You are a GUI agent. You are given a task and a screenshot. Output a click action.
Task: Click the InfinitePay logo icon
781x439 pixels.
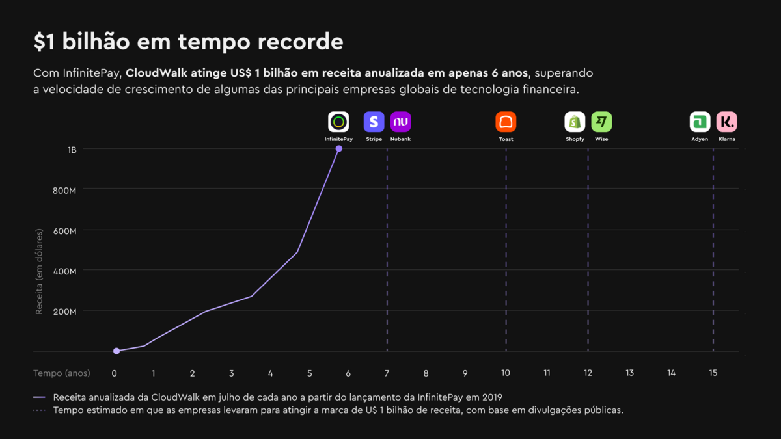[338, 122]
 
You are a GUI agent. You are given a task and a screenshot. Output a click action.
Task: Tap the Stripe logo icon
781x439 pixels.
[374, 122]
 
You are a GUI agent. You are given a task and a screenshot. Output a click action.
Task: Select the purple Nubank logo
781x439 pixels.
[401, 122]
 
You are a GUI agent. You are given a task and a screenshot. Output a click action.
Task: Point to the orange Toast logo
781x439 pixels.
[506, 122]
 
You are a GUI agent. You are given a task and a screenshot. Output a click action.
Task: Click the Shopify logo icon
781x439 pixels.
[575, 122]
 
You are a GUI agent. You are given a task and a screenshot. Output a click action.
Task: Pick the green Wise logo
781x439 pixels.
[601, 122]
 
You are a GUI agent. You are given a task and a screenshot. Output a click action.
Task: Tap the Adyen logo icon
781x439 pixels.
[700, 122]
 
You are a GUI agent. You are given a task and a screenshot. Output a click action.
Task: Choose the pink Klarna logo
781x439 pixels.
[727, 122]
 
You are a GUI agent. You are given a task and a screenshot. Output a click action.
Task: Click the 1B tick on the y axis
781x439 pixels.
[72, 150]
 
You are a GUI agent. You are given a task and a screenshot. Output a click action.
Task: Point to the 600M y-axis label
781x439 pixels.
[64, 230]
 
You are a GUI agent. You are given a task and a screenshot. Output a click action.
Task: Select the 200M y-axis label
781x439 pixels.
[64, 311]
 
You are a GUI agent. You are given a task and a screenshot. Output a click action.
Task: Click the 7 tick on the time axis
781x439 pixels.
[387, 373]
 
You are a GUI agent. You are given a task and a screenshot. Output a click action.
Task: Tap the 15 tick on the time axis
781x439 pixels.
[713, 373]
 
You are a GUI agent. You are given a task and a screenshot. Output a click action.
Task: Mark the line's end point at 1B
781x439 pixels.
[339, 149]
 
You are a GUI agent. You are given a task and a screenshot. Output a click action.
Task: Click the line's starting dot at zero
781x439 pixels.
[116, 351]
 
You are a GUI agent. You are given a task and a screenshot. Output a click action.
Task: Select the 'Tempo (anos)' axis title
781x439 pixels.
[62, 373]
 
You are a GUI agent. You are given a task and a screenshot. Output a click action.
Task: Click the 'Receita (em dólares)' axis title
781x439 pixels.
[39, 272]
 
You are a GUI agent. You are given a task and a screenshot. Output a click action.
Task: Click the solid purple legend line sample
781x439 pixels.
[40, 397]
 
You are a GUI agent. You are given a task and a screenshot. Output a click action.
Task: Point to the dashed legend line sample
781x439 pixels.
[40, 410]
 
